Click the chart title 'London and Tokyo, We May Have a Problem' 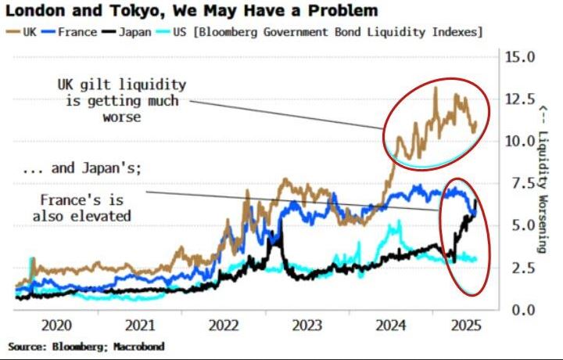tap(192, 11)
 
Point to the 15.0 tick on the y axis tap(518, 57)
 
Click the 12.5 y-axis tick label tap(518, 99)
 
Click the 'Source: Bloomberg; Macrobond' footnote tap(86, 345)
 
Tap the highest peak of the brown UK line tap(435, 88)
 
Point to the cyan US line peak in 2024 tap(398, 222)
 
